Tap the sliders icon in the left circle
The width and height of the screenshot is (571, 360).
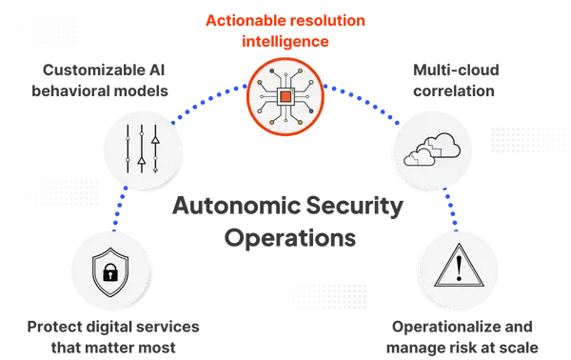pyautogui.click(x=142, y=149)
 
